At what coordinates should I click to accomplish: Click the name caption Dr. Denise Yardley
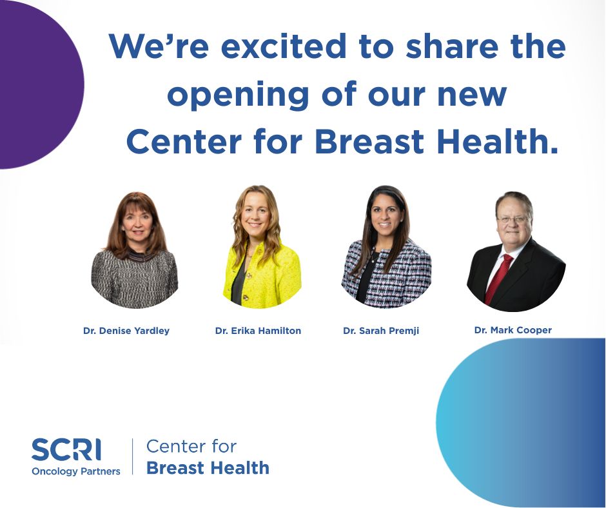click(126, 331)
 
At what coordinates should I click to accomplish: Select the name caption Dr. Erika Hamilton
click(258, 331)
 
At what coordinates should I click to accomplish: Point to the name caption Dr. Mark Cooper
click(513, 330)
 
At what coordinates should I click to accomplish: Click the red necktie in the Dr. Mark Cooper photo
click(500, 277)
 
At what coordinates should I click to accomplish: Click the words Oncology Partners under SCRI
click(76, 471)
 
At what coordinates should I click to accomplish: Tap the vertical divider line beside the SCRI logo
click(133, 456)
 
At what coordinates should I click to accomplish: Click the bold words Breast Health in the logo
click(208, 467)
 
